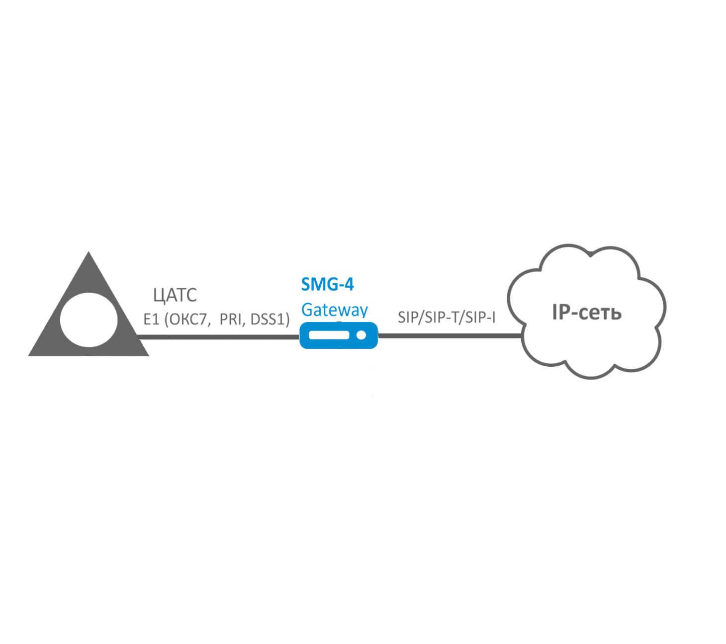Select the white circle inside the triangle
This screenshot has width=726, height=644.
point(89,320)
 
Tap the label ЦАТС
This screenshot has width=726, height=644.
point(175,295)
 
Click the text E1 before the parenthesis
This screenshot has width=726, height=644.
point(151,319)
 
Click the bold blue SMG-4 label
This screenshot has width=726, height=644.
point(327,284)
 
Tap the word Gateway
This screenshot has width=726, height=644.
point(334,310)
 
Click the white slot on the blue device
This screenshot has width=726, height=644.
point(329,335)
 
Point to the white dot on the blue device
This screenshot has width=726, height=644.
point(362,335)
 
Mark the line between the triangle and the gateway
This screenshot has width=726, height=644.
point(219,337)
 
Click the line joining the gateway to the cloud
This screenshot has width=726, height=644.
point(448,336)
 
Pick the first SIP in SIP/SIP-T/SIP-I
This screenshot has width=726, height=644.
point(408,317)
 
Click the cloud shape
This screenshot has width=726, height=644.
point(587,348)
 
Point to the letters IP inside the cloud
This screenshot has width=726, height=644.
point(561,312)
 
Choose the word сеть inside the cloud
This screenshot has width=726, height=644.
point(600,313)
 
